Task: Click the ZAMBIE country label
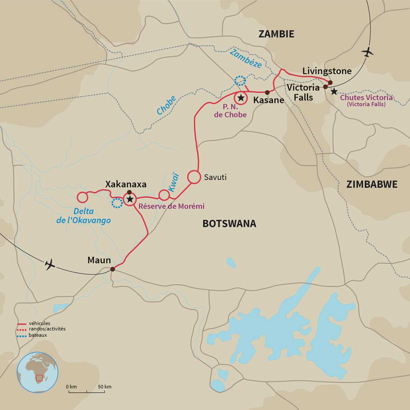tap(276, 34)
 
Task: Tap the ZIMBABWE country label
tap(372, 184)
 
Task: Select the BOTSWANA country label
tap(229, 223)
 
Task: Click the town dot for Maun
tap(112, 269)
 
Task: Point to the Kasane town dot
tap(267, 92)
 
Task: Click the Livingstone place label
tap(327, 71)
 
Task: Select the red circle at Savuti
tap(193, 177)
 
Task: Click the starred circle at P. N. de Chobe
tap(241, 98)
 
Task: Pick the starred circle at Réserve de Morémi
tap(129, 199)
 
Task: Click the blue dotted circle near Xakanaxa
tap(117, 203)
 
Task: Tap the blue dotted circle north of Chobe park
tap(240, 81)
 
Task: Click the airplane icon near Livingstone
tap(367, 53)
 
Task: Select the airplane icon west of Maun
tap(50, 264)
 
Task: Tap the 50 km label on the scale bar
tap(105, 387)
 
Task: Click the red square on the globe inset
tap(39, 378)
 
